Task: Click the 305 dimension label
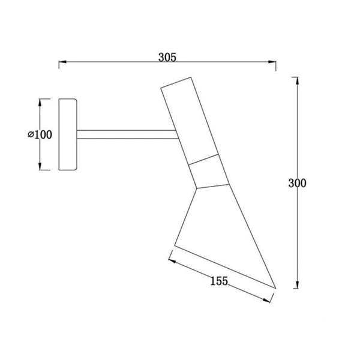coord(167,58)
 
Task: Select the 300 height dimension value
coord(297,183)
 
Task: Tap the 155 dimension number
coord(219,281)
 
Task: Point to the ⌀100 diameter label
coord(40,134)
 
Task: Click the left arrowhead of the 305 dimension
coord(62,62)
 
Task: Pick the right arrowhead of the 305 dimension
coord(272,62)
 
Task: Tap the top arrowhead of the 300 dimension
coord(298,81)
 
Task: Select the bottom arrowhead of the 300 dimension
coord(298,284)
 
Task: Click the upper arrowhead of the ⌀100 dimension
coord(40,103)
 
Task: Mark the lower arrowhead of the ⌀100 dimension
coord(40,166)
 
